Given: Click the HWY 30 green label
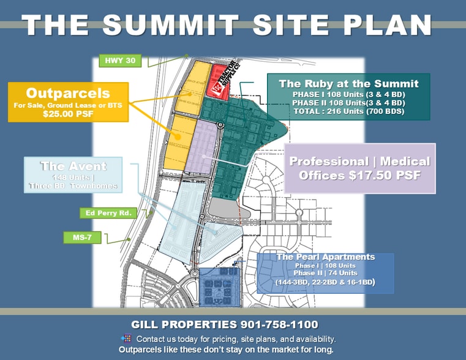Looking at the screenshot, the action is coord(121,61).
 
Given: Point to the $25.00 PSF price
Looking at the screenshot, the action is coord(68,114).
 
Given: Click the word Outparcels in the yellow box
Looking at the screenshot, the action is coord(68,94).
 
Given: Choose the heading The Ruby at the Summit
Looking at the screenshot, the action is coord(348,84).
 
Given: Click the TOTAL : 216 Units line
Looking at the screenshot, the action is coord(348,111).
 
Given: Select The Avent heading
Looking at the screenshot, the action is coord(73,166).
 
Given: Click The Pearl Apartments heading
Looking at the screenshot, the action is coord(326,257).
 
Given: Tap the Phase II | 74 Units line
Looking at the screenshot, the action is coord(325,273).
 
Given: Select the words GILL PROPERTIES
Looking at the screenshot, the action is coord(182,324).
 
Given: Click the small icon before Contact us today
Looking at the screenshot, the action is coord(126,338).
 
